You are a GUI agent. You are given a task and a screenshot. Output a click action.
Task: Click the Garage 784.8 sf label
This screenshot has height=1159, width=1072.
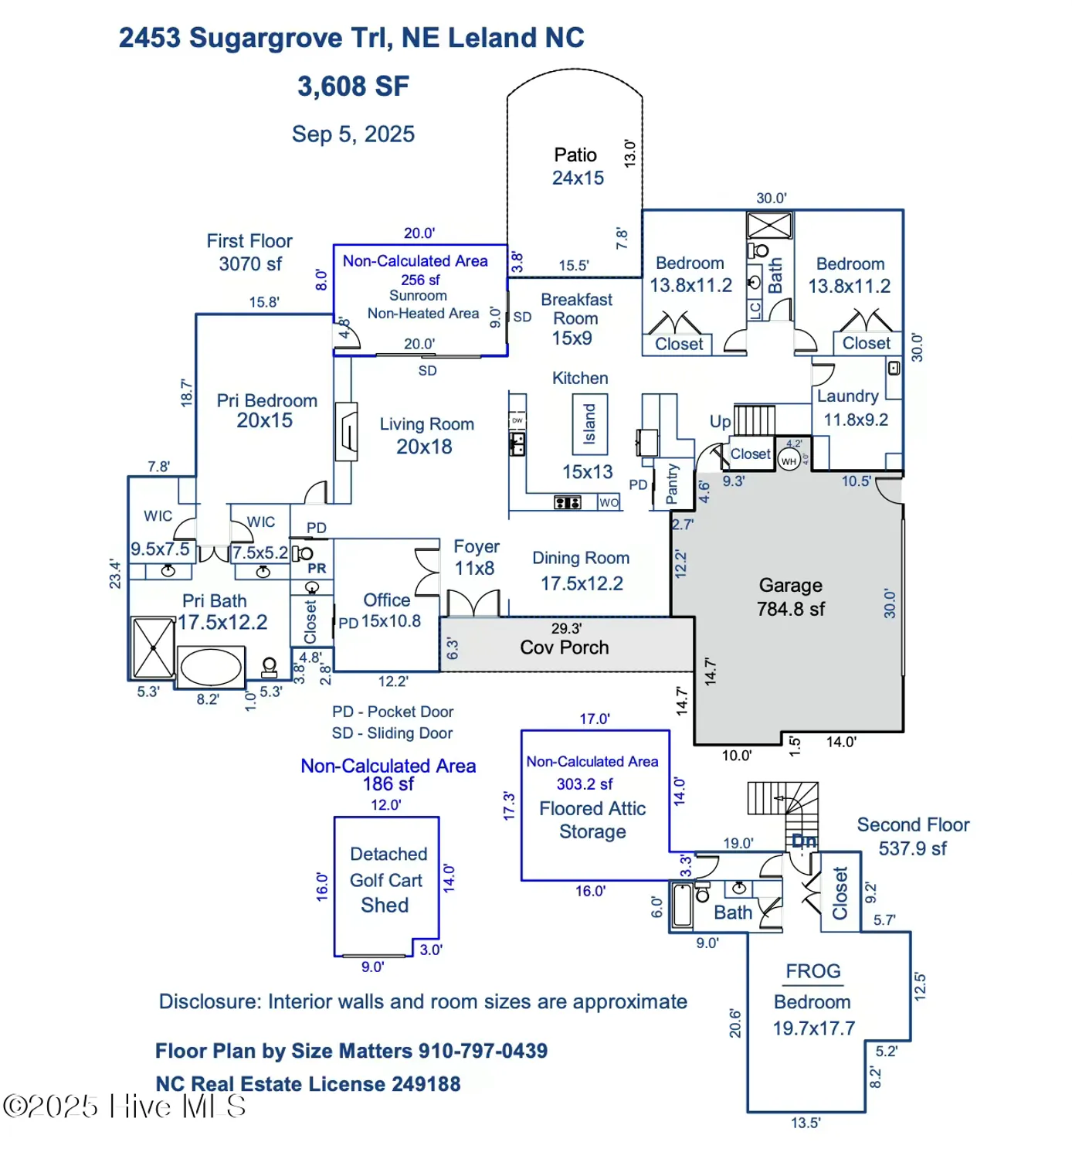[790, 597]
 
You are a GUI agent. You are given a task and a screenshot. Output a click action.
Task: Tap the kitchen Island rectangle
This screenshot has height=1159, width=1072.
[589, 424]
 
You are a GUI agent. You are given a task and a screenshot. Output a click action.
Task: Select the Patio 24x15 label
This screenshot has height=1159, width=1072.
[577, 166]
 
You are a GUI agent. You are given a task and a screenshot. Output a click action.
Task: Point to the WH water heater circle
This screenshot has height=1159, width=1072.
[788, 461]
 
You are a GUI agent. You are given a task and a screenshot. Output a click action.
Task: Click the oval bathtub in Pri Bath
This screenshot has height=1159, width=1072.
[210, 667]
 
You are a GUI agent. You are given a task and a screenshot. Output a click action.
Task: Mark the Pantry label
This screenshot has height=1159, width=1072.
[672, 484]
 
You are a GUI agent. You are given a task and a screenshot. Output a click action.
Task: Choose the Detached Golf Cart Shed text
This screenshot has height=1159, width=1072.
[386, 879]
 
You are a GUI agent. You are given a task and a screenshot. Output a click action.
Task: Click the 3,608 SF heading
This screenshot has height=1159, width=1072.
[353, 87]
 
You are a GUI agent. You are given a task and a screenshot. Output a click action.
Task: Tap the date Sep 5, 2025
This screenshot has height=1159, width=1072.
[353, 134]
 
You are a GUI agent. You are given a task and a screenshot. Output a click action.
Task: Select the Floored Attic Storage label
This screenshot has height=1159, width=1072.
[592, 820]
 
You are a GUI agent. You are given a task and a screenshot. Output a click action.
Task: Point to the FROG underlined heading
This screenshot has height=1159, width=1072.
[812, 971]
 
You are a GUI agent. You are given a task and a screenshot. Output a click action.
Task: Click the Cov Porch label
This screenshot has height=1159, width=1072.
[564, 647]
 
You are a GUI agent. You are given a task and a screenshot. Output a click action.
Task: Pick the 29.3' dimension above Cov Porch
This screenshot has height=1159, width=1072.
[566, 628]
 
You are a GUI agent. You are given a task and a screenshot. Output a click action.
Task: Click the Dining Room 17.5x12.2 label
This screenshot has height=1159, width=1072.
[581, 570]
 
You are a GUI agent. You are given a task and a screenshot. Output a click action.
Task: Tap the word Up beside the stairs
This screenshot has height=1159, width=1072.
[720, 422]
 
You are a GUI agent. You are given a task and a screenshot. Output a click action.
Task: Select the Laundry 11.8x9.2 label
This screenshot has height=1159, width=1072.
[853, 407]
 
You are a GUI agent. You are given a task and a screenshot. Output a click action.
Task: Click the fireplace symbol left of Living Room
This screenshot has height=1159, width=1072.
[347, 432]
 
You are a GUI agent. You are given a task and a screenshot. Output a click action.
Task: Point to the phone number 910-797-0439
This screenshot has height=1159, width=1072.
[483, 1051]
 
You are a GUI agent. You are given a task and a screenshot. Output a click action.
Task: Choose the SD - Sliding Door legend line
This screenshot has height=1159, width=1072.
[392, 733]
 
